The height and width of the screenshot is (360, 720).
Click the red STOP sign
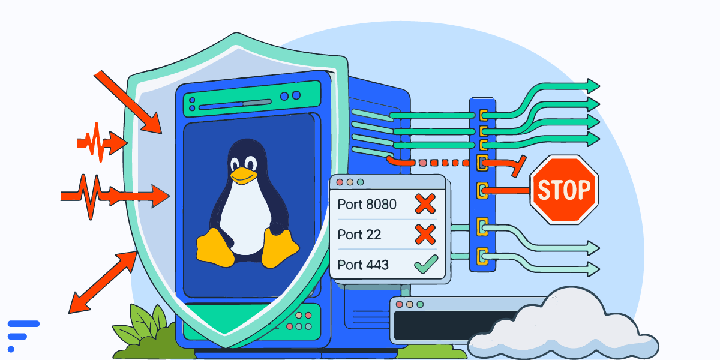(564, 190)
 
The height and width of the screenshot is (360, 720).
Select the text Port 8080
(367, 205)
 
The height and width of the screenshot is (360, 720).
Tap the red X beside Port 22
(425, 235)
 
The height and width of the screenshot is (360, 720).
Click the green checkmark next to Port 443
(426, 264)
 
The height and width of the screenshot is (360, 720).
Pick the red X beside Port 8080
(425, 204)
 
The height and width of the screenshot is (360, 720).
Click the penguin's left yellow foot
(215, 247)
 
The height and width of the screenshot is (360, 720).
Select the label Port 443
(363, 265)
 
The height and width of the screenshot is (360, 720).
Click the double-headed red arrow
(103, 282)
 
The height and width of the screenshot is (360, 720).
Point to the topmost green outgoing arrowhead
(593, 86)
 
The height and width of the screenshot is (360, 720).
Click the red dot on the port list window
(340, 182)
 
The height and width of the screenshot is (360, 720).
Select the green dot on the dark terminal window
(420, 304)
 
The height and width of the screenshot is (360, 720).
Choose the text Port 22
(359, 235)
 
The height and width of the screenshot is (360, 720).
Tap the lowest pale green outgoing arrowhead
(593, 269)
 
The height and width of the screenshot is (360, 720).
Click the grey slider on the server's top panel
(257, 103)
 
